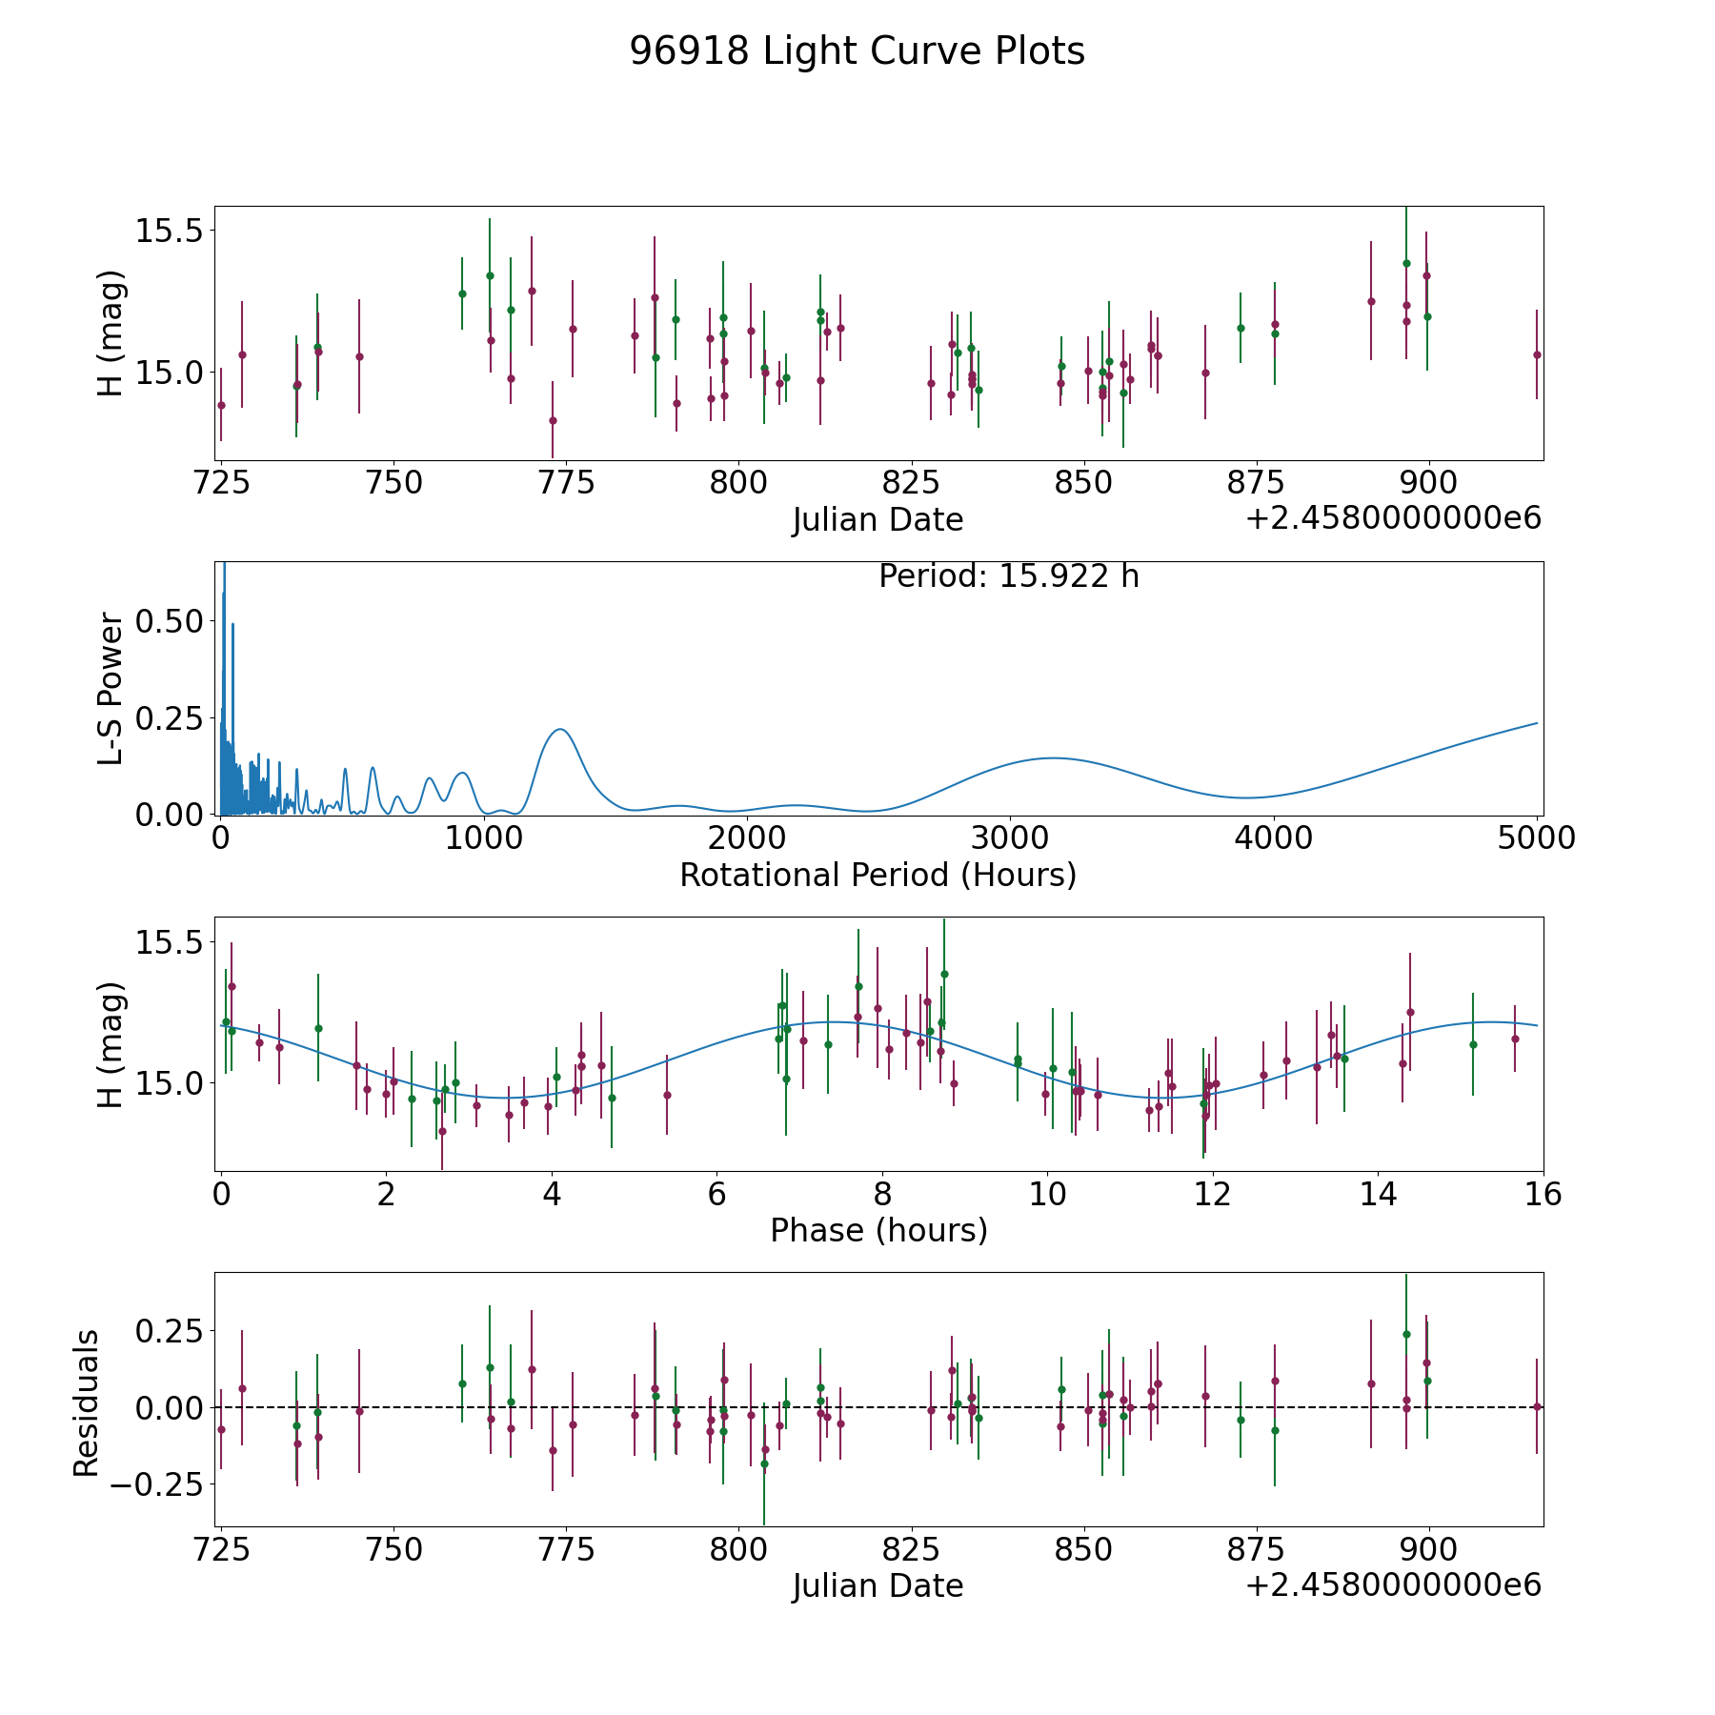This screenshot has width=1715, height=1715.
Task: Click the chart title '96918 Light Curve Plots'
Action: pos(857,51)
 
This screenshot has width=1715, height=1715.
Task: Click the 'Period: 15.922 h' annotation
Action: pos(1009,576)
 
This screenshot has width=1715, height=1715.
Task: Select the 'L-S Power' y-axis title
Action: pos(111,689)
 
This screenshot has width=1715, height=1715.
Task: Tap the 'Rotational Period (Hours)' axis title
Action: pos(878,875)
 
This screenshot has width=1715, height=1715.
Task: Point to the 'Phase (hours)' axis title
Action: pos(878,1230)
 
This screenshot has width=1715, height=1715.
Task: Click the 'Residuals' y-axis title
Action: pos(87,1402)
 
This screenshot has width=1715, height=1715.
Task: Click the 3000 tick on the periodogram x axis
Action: pos(1009,837)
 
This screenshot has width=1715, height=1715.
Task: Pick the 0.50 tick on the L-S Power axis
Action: pos(170,621)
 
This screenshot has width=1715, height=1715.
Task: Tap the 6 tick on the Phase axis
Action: pos(716,1194)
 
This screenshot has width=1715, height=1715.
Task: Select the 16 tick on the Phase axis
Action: pos(1543,1194)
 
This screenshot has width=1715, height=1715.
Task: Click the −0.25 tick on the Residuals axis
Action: pos(157,1484)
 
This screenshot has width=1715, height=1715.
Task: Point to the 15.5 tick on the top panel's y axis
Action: pos(170,231)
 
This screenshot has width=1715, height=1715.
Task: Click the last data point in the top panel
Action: pos(1537,354)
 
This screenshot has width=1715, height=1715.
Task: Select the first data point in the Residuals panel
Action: pos(221,1429)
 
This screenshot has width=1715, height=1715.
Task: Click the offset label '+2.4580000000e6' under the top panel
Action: pos(1394,518)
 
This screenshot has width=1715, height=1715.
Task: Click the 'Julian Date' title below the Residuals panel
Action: pos(878,1585)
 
